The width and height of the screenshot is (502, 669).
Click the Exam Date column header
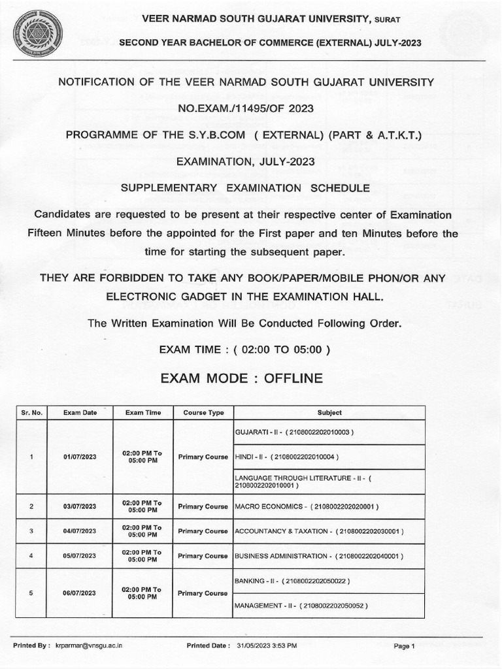click(x=80, y=413)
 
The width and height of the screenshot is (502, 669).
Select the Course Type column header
click(x=203, y=413)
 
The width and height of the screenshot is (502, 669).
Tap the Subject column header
click(x=329, y=413)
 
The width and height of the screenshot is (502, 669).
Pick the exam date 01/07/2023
click(x=80, y=457)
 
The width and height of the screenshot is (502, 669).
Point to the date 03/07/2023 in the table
click(x=80, y=506)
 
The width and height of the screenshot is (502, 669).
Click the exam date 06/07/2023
click(x=80, y=593)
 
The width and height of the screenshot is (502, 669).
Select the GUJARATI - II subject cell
click(x=293, y=432)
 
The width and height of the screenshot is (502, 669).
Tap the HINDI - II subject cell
click(x=286, y=456)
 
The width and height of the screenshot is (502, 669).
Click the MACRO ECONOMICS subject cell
click(x=306, y=506)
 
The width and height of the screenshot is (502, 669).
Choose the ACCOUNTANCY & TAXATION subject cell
click(x=318, y=531)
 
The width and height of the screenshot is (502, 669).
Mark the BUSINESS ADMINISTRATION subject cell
click(x=318, y=556)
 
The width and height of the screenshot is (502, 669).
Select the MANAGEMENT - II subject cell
click(x=301, y=606)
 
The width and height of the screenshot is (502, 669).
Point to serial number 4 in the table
click(x=31, y=556)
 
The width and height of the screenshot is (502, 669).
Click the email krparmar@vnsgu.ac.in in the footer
click(x=89, y=646)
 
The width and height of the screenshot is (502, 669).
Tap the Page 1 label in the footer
click(x=404, y=647)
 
